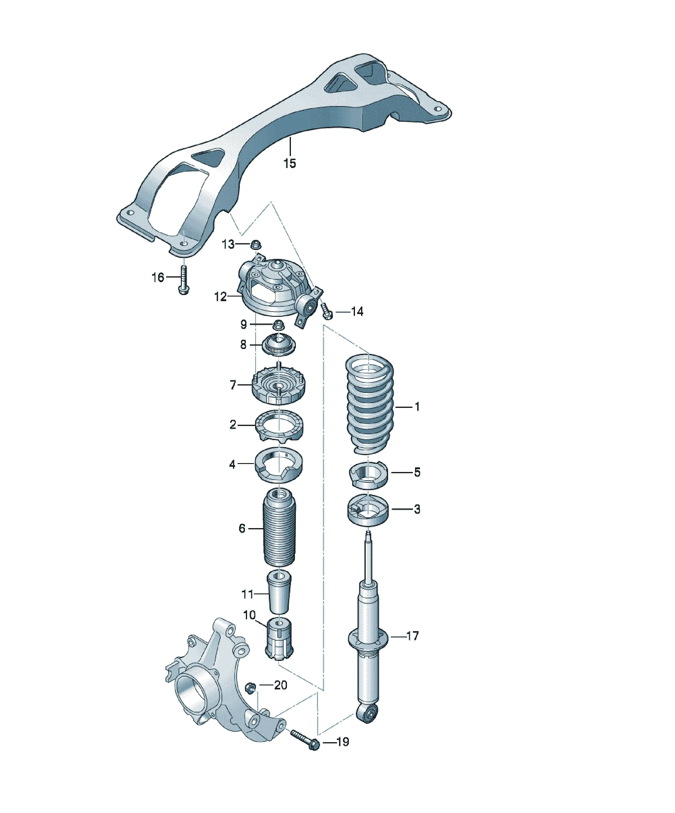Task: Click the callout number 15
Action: pos(289,163)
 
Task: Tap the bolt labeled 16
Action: pos(184,279)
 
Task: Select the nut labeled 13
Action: pos(256,244)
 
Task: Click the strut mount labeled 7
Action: pos(279,386)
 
